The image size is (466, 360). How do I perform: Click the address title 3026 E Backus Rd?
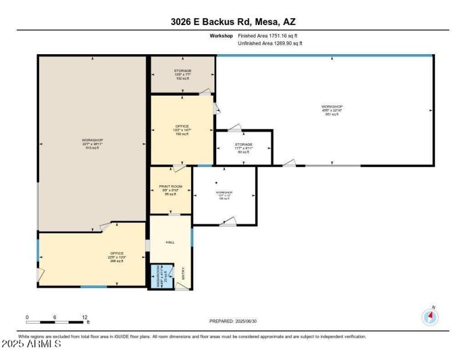pyautogui.click(x=232, y=22)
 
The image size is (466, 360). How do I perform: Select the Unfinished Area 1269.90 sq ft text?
pyautogui.click(x=270, y=43)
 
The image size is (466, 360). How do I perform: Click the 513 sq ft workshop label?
pyautogui.click(x=92, y=144)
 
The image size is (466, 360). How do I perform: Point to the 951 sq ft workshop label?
pyautogui.click(x=332, y=110)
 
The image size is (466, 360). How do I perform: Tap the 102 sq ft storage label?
pyautogui.click(x=182, y=74)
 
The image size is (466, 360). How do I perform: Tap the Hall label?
pyautogui.click(x=170, y=242)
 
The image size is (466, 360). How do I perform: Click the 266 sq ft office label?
pyautogui.click(x=117, y=257)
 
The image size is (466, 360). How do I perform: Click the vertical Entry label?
pyautogui.click(x=183, y=274)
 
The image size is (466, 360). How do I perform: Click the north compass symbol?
pyautogui.click(x=430, y=316)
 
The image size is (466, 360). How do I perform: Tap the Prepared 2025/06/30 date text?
pyautogui.click(x=232, y=321)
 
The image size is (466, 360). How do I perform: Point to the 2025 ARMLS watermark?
pyautogui.click(x=31, y=344)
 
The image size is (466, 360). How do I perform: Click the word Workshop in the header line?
pyautogui.click(x=221, y=36)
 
